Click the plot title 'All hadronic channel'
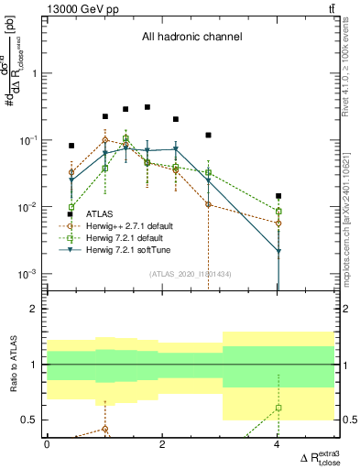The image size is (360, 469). coord(191,38)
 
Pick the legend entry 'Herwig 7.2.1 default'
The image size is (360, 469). coord(114,238)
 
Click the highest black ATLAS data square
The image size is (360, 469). coord(147,107)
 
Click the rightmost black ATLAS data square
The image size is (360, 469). coord(278,196)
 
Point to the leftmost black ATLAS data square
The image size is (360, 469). coord(71,146)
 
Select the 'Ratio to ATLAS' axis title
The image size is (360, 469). coord(14,365)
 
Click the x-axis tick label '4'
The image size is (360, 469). coord(278,444)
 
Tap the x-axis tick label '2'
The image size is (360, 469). coord(162,444)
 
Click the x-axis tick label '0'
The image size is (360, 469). coord(47,444)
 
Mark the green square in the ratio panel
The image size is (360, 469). coord(278,408)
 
